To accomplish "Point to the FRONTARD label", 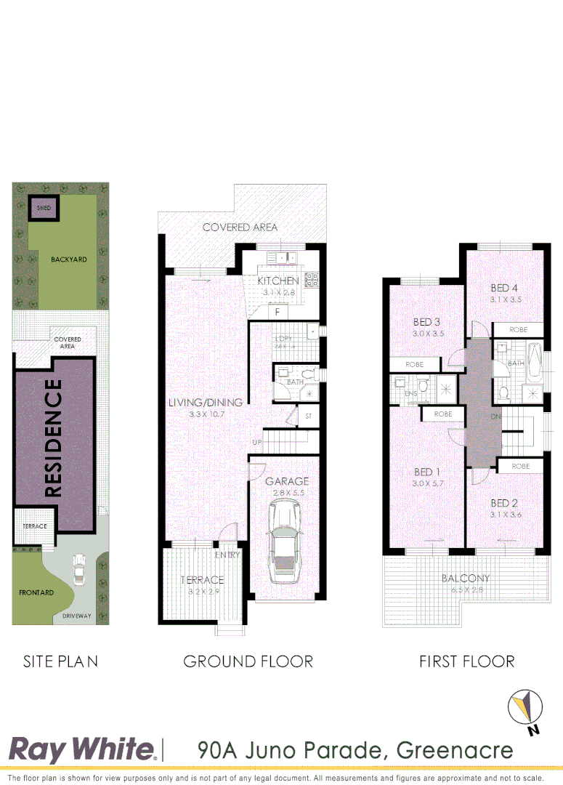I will [x=36, y=593].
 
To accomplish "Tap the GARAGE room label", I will [x=286, y=481].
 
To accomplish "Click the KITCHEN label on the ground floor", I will [x=278, y=281].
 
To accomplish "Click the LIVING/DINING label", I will [x=206, y=403].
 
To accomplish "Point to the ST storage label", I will [x=308, y=416].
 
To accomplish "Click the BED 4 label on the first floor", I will [x=505, y=289].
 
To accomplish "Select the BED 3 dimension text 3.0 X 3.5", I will [x=428, y=334].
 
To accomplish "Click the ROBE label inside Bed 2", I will [x=520, y=466].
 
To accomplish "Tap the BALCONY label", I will [x=466, y=579].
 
